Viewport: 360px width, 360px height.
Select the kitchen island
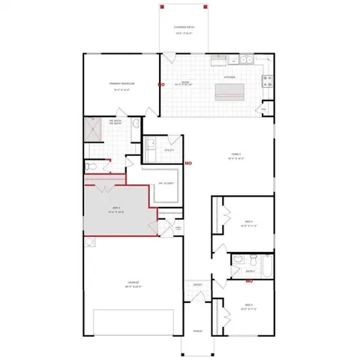(x=232, y=92)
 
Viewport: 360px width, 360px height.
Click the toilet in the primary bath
(x=89, y=166)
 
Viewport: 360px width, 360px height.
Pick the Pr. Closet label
(x=166, y=183)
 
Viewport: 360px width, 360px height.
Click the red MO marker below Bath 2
(x=249, y=281)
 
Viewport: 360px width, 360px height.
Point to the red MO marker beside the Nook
(x=160, y=85)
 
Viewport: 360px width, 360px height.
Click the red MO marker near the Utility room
(x=188, y=162)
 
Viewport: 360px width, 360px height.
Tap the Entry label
(x=197, y=285)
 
